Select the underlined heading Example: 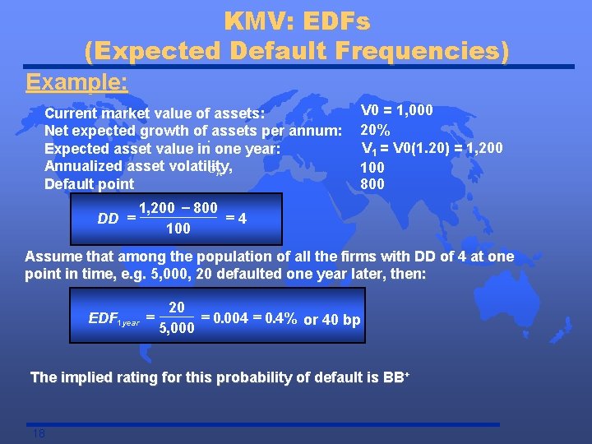[x=76, y=83]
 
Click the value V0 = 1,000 [x=397, y=111]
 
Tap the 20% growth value [x=376, y=131]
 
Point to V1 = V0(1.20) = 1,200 [x=432, y=149]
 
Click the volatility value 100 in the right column [x=372, y=167]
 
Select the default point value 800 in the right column [x=372, y=184]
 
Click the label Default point [x=89, y=184]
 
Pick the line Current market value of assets [x=155, y=113]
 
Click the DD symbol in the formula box [x=108, y=219]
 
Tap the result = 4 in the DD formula [x=236, y=219]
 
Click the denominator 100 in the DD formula [x=178, y=229]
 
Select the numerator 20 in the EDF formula [x=176, y=308]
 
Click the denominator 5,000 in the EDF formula [x=176, y=329]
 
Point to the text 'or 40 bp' [x=332, y=320]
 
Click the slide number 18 [x=39, y=433]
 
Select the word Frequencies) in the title [x=426, y=51]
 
